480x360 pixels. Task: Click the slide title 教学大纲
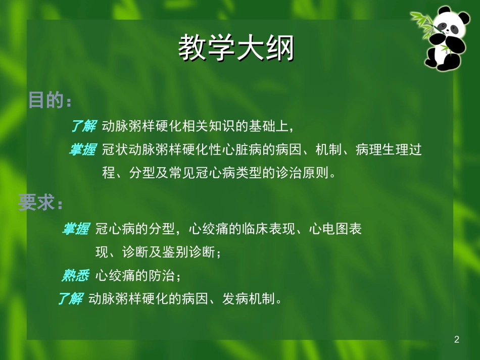[x=236, y=49]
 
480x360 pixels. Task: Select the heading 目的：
[x=49, y=100]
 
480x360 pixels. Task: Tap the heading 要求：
[x=40, y=203]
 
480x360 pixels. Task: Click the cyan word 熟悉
[x=75, y=276]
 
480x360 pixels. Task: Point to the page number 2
[x=457, y=339]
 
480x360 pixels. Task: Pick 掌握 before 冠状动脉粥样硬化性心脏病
[x=82, y=150]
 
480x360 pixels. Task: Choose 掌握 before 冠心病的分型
[x=75, y=229]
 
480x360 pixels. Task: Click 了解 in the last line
[x=70, y=299]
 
